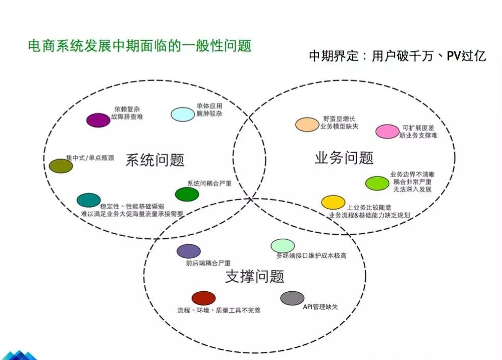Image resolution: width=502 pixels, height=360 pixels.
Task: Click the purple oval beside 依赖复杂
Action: pyautogui.click(x=98, y=120)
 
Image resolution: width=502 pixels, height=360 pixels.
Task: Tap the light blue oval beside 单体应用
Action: pyautogui.click(x=182, y=115)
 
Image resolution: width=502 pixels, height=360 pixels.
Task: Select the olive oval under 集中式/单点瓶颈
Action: pyautogui.click(x=61, y=165)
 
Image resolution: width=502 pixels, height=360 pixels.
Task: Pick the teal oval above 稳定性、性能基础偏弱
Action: pyautogui.click(x=89, y=200)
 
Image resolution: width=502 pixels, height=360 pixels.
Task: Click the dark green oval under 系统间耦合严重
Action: pyautogui.click(x=187, y=194)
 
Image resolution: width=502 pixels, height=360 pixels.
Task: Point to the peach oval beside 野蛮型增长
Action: pyautogui.click(x=307, y=124)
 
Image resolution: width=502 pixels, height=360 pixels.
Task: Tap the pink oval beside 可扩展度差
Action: pyautogui.click(x=387, y=131)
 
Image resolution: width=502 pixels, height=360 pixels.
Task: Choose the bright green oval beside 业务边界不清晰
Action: pyautogui.click(x=377, y=183)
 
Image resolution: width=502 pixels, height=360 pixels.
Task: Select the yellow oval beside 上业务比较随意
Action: pyautogui.click(x=333, y=202)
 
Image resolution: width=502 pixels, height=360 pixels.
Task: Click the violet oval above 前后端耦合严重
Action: pyautogui.click(x=189, y=251)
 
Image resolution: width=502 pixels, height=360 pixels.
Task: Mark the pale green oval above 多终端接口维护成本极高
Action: pyautogui.click(x=282, y=246)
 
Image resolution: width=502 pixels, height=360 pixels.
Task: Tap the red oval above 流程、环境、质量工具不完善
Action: pyautogui.click(x=203, y=298)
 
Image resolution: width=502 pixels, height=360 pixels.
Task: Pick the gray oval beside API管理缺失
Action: pyautogui.click(x=292, y=298)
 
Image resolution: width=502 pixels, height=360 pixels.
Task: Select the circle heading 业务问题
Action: pyautogui.click(x=344, y=158)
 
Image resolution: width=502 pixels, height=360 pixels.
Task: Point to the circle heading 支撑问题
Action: pyautogui.click(x=254, y=276)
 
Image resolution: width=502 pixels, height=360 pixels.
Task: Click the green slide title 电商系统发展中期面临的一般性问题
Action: pyautogui.click(x=140, y=46)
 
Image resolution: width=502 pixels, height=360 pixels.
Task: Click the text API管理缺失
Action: pyautogui.click(x=321, y=307)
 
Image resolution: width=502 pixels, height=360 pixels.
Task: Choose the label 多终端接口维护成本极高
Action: pyautogui.click(x=311, y=256)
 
